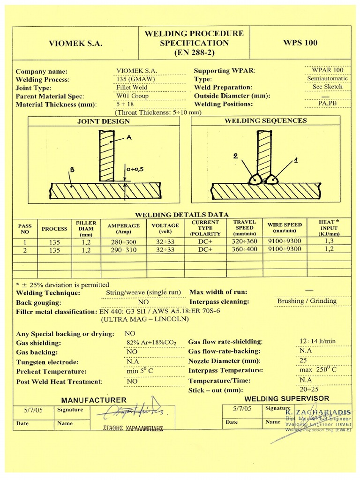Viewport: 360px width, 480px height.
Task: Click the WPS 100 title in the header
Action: click(x=300, y=43)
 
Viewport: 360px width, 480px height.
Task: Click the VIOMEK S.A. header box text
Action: click(x=75, y=44)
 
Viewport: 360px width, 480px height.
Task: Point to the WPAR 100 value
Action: click(x=328, y=70)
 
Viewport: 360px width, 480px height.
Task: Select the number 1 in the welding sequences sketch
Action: click(x=295, y=160)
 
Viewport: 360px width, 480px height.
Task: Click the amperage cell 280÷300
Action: click(x=124, y=241)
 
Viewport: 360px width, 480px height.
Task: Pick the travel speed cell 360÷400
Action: click(x=244, y=249)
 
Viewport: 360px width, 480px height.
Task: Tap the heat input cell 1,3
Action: click(x=329, y=241)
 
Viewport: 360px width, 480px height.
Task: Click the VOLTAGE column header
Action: click(x=165, y=228)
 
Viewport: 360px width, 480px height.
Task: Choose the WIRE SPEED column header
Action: click(x=285, y=228)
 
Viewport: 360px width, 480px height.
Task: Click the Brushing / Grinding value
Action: click(x=307, y=301)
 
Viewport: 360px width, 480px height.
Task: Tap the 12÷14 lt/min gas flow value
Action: click(x=317, y=341)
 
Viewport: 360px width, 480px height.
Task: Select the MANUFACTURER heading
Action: click(x=94, y=400)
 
